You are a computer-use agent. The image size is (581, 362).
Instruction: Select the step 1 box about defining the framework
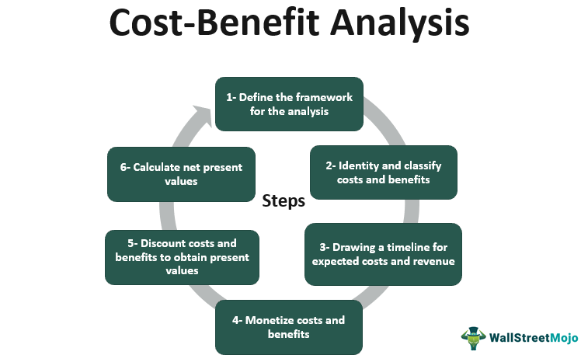click(290, 104)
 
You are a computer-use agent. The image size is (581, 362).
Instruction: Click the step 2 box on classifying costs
click(383, 172)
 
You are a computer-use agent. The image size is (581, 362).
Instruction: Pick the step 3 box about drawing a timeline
click(383, 253)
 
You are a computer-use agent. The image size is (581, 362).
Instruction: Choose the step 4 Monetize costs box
click(290, 327)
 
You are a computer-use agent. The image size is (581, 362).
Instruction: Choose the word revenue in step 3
click(430, 261)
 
